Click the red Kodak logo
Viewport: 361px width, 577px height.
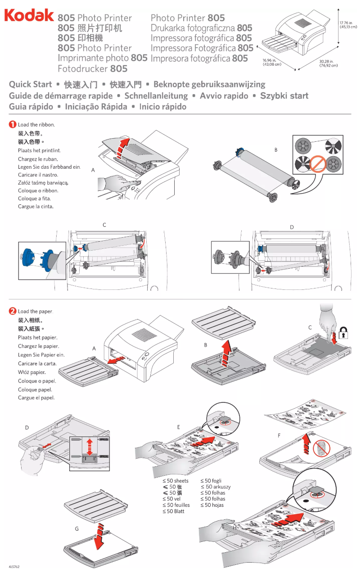coord(29,16)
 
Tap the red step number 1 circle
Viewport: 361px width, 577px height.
coord(13,124)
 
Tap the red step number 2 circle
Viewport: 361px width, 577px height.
coord(13,311)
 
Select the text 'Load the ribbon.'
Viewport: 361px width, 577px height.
coord(36,125)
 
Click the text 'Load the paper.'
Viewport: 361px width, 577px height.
coord(36,311)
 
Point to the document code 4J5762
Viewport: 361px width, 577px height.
coord(14,567)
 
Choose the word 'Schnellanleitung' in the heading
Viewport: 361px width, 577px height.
coord(156,95)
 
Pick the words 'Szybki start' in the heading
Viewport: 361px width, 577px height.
coord(284,95)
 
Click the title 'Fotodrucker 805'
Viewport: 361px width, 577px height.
coord(92,69)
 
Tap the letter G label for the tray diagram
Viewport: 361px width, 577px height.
coord(77,528)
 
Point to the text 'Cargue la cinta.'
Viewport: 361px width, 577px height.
coord(36,207)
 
